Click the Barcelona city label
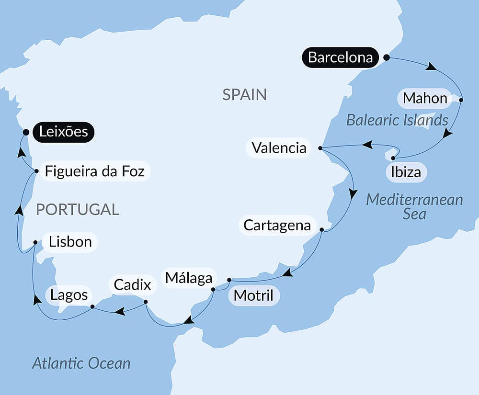[x=340, y=57]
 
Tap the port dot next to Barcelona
[x=387, y=57]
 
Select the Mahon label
[x=425, y=98]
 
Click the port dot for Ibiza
[x=393, y=158]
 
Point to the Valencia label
[x=279, y=147]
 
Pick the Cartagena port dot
[x=321, y=230]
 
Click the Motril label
[x=253, y=295]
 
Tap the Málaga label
[x=189, y=278]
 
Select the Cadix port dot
[x=146, y=302]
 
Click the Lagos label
[x=69, y=294]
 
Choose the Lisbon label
[x=70, y=241]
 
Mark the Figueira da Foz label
[x=94, y=171]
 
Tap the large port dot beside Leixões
[x=26, y=132]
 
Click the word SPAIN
[x=244, y=94]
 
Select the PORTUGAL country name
[x=77, y=209]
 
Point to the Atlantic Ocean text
[x=81, y=363]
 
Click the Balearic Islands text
[x=397, y=120]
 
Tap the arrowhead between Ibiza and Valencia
[x=367, y=144]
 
